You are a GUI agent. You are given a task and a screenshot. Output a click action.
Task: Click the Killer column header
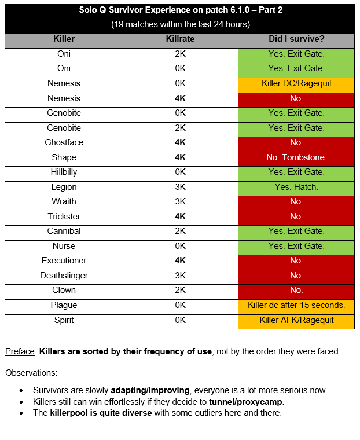point(64,39)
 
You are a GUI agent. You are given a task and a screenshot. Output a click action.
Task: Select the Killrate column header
point(180,39)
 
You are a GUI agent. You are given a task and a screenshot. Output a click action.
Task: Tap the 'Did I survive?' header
point(296,39)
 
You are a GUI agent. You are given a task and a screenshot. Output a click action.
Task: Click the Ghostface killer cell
point(64,142)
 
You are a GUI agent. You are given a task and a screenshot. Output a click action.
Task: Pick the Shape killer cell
point(64,157)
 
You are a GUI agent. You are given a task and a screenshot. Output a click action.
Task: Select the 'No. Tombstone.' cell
point(296,157)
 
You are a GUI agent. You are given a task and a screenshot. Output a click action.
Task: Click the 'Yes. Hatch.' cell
point(296,187)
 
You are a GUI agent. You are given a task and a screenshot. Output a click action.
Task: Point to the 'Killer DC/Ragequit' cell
point(296,83)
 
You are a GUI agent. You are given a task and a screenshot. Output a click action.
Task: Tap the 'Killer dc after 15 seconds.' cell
point(296,305)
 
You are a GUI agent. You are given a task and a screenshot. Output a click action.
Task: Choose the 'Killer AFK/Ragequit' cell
point(296,320)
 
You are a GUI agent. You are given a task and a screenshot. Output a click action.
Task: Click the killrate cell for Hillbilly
point(180,172)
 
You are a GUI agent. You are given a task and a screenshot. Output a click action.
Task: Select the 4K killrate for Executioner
point(180,261)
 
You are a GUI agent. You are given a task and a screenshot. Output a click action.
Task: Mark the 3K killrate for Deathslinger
point(180,276)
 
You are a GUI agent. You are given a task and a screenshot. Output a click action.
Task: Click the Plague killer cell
point(64,305)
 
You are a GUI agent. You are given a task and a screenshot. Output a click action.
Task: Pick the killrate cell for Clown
point(180,290)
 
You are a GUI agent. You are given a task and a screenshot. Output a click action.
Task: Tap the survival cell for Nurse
point(296,246)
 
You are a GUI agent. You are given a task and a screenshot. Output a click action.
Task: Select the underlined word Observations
point(30,373)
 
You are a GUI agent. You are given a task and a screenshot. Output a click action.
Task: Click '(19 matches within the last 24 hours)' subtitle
point(180,24)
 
